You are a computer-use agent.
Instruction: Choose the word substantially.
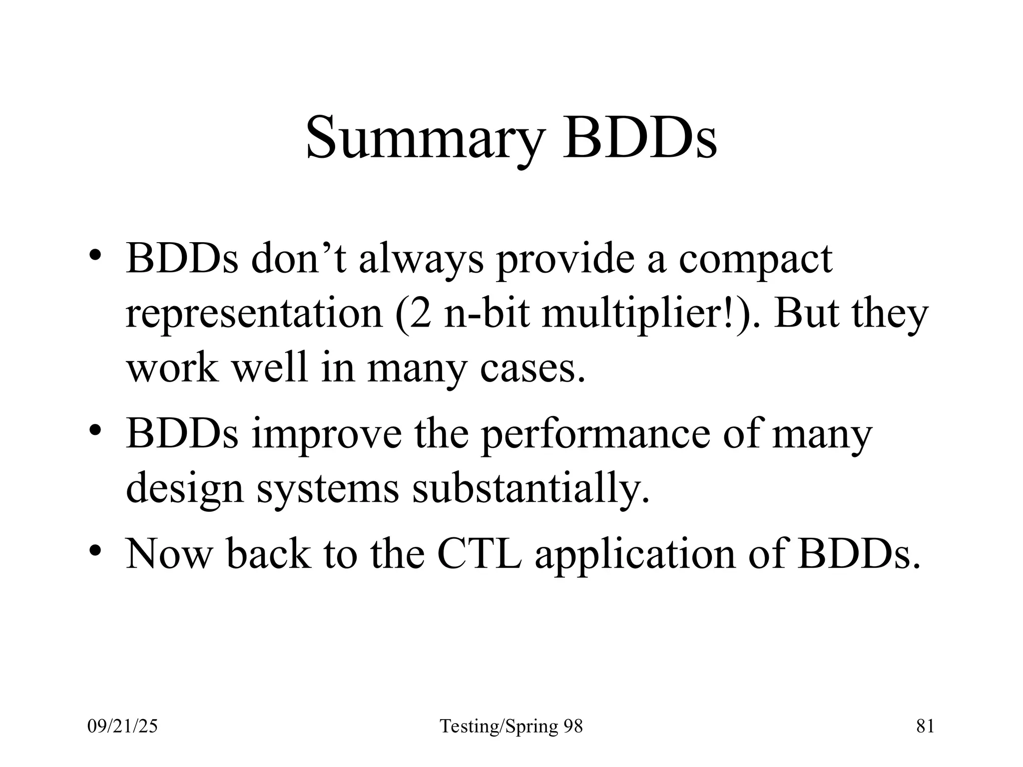pyautogui.click(x=530, y=487)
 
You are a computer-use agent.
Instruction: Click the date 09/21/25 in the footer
pyautogui.click(x=122, y=726)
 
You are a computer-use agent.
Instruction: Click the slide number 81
pyautogui.click(x=925, y=726)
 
